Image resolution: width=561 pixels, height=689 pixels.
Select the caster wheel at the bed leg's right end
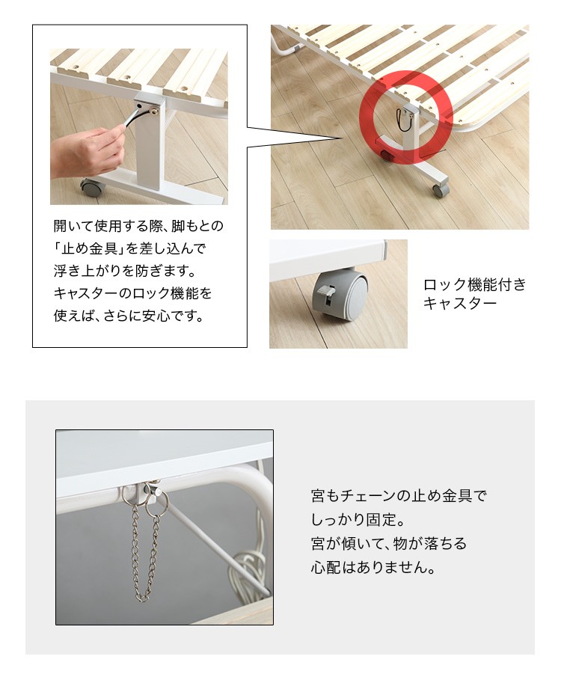click(440, 190)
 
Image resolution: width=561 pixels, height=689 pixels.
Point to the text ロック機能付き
click(474, 285)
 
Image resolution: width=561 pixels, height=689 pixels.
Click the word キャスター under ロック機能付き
click(459, 304)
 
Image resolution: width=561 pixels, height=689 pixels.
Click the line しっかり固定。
click(358, 520)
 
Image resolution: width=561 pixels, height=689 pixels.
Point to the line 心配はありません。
click(373, 567)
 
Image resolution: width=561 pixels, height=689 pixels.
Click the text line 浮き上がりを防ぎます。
click(125, 271)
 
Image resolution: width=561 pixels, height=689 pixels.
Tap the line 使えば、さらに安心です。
click(129, 316)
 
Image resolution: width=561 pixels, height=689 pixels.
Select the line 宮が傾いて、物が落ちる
click(389, 544)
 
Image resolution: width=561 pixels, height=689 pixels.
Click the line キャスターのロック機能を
click(132, 293)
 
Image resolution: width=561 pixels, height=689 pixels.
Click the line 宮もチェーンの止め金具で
click(399, 496)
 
